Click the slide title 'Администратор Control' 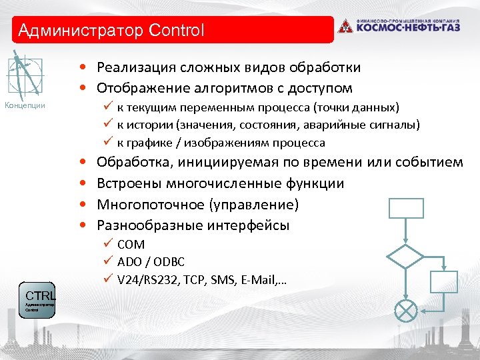click(111, 31)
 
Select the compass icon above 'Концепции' click(25, 75)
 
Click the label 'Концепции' click(25, 105)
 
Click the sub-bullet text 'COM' click(131, 245)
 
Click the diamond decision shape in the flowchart click(405, 257)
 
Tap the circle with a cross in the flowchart click(405, 311)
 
